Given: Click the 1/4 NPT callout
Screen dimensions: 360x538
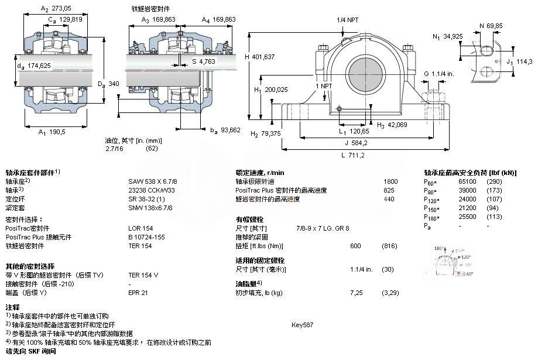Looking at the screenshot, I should (x=348, y=20).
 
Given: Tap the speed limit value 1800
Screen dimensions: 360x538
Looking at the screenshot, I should (x=390, y=181).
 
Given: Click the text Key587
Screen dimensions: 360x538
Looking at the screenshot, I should (x=301, y=324).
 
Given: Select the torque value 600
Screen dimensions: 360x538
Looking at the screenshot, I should (x=355, y=245).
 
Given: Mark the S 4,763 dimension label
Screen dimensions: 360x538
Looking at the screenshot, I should (x=204, y=61).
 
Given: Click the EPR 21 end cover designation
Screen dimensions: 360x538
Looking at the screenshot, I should (x=138, y=292).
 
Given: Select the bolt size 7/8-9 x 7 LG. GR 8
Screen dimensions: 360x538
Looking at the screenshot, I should (x=323, y=228).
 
